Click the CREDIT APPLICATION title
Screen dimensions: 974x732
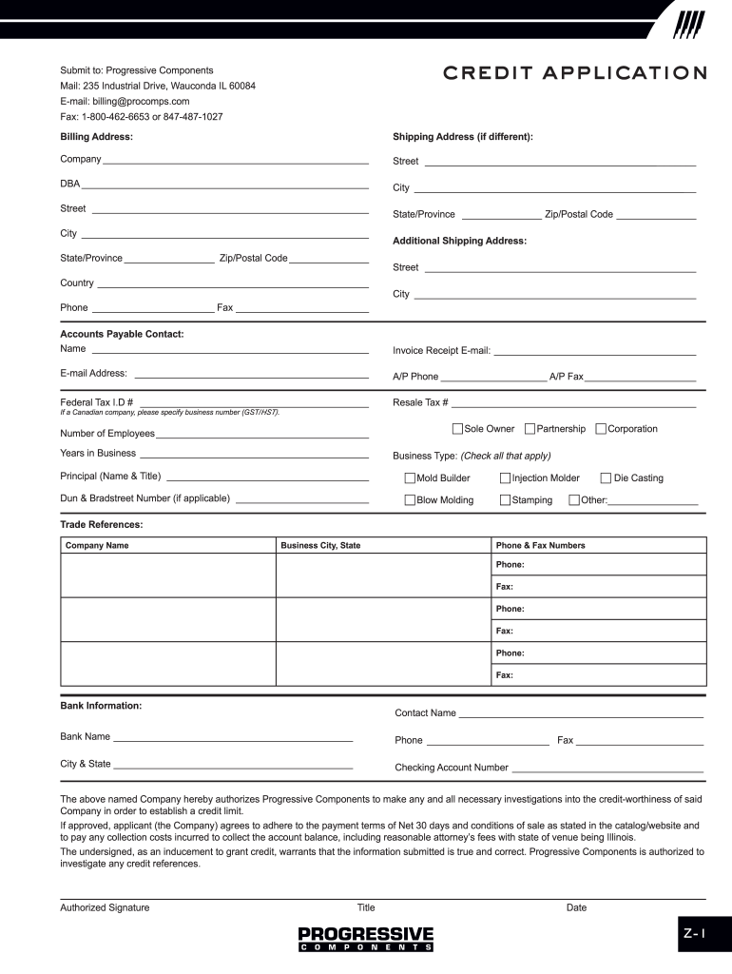pos(573,73)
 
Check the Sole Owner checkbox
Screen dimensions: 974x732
pos(458,429)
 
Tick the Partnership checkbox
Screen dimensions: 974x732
pos(530,429)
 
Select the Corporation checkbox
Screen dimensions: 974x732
pos(601,429)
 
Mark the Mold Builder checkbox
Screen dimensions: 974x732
pos(410,478)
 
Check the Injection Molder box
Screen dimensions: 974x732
pos(506,478)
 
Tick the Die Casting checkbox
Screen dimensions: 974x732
pos(606,478)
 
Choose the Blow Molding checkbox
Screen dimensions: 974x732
pos(410,500)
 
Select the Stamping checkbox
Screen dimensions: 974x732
pos(506,500)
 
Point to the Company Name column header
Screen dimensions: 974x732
pos(97,546)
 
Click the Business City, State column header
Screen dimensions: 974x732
pos(320,546)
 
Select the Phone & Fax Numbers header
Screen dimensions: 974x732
pos(540,546)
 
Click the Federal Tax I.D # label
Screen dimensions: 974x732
pos(97,402)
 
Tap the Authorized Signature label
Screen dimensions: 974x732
pos(105,907)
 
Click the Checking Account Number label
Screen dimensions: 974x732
pos(452,768)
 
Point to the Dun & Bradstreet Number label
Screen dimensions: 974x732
pos(144,498)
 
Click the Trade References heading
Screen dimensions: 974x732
pos(102,524)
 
